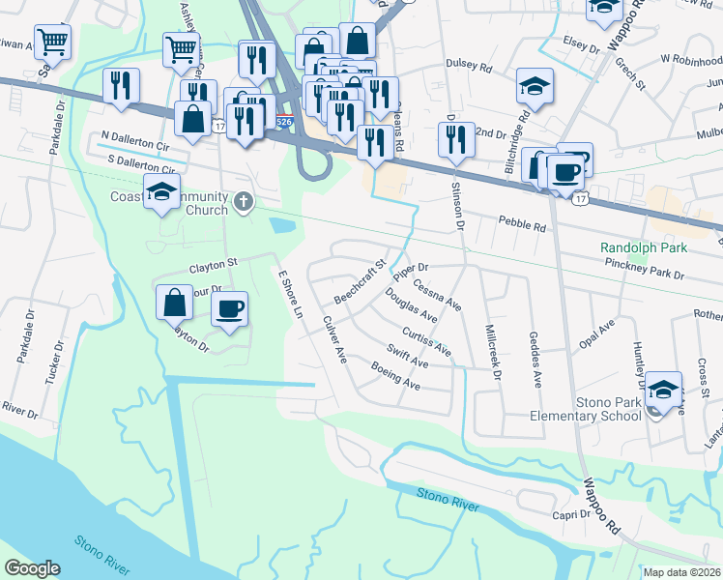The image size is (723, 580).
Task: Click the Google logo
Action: coord(32,568)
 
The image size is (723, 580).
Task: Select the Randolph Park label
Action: coord(643,248)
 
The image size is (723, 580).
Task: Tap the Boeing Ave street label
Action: coord(395,376)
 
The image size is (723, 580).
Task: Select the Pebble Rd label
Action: coord(522,225)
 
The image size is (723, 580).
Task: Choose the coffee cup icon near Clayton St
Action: coord(229,309)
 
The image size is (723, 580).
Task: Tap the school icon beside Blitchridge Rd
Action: coord(535,87)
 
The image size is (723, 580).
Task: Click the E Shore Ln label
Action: coord(291,287)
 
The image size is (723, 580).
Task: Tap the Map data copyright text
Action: coord(681,572)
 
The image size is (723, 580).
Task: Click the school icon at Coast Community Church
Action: coord(162,191)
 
